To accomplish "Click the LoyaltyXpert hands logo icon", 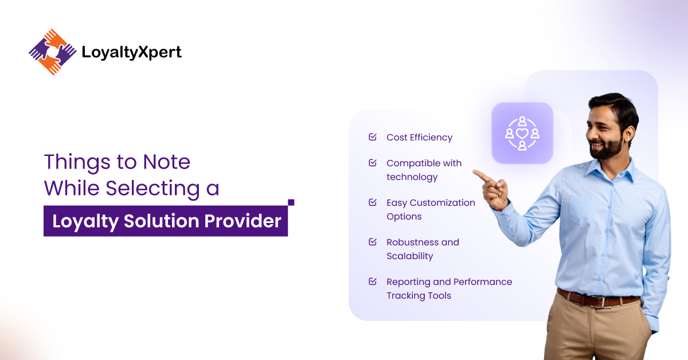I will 52,52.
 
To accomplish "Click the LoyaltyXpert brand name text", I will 131,53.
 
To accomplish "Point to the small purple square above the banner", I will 291,202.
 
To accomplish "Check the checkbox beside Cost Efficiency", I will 373,137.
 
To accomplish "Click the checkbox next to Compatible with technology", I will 373,163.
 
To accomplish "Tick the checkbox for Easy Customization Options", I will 373,202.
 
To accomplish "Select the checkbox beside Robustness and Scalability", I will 373,242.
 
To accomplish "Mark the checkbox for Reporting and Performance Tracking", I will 373,281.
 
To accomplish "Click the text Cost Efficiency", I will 419,138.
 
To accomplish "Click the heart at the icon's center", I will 522,133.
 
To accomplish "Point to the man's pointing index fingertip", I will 475,173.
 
